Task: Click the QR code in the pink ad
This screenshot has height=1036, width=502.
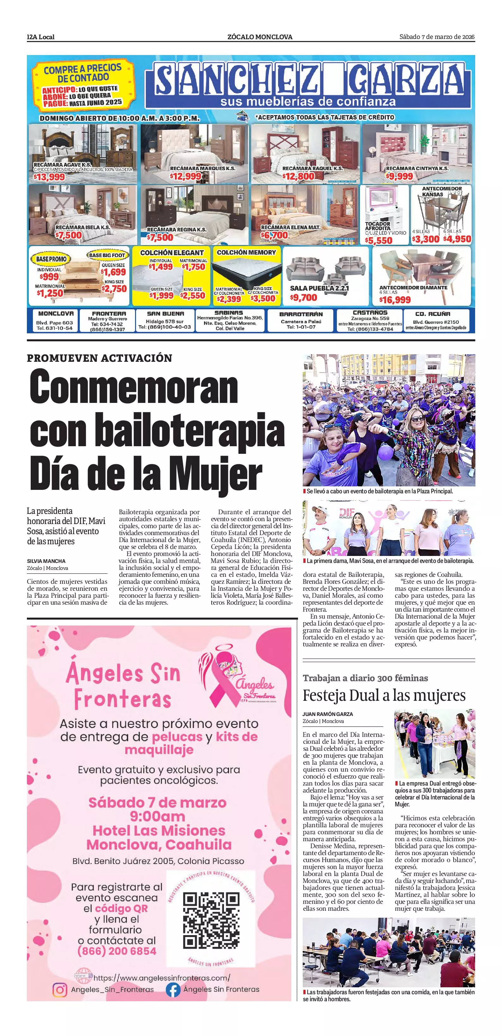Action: (x=211, y=920)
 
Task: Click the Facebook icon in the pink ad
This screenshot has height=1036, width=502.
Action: (x=173, y=989)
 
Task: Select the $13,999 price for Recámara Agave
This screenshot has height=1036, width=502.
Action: (x=49, y=177)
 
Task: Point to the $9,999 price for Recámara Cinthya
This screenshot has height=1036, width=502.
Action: (x=400, y=176)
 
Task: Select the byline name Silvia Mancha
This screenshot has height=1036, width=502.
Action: (x=46, y=561)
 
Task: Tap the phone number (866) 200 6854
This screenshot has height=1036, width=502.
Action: (x=117, y=951)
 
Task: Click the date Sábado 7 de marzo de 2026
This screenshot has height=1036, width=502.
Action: (x=437, y=37)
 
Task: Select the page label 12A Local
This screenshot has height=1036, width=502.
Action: (x=40, y=37)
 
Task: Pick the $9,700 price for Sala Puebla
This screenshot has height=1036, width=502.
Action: (x=304, y=298)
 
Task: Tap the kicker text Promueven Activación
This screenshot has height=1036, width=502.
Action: (x=99, y=358)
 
